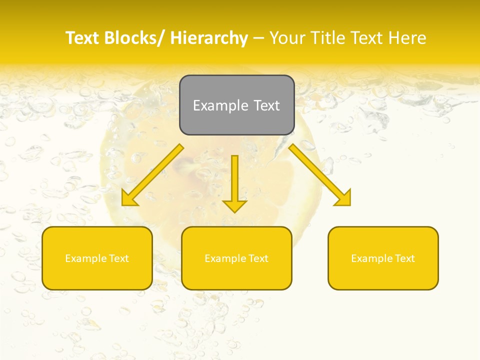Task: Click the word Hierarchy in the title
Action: tap(209, 38)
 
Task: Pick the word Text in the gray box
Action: tap(266, 105)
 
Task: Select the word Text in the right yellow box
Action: tap(404, 258)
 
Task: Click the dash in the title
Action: tap(258, 38)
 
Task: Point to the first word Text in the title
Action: tap(82, 38)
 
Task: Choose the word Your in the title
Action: tap(286, 38)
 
